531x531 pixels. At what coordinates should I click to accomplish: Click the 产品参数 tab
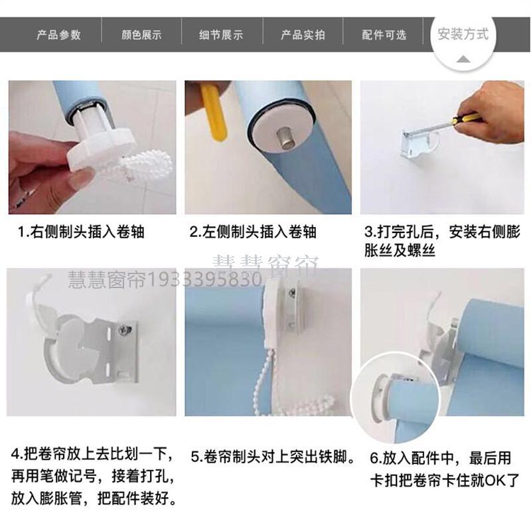coord(58,35)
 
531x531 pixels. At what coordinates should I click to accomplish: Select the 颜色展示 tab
coord(141,35)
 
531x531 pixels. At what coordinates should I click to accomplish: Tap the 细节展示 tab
coord(221,35)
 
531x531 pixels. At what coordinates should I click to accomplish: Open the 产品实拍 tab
coord(303,35)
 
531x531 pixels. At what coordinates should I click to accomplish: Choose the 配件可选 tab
coord(384,35)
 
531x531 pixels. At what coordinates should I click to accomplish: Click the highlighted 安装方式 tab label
coord(463,35)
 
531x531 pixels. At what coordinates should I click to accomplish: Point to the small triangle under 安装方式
coord(463,60)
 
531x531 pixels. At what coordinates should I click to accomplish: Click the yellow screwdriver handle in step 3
coord(467,119)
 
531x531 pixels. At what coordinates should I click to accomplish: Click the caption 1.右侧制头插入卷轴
coord(81,232)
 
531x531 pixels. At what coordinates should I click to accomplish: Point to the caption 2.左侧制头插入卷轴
coord(253,232)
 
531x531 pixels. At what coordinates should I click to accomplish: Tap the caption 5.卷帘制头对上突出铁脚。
coord(273,457)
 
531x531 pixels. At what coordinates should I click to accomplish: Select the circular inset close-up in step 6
coord(395,397)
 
